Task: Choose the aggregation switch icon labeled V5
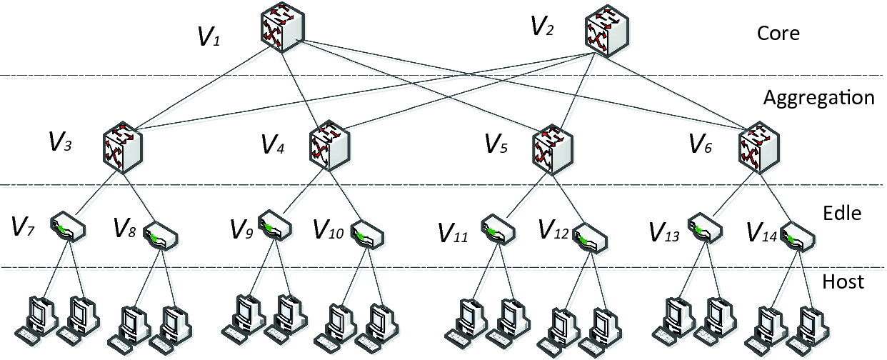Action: click(x=551, y=152)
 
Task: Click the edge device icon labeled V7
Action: click(x=69, y=226)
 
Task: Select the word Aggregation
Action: click(x=818, y=97)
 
